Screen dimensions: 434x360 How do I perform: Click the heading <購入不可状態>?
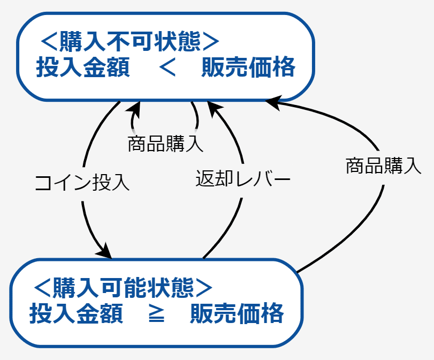point(130,42)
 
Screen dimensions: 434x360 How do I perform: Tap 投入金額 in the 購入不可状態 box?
point(83,67)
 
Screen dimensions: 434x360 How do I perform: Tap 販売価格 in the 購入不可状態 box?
point(248,67)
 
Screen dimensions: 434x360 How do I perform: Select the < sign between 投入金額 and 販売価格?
point(167,67)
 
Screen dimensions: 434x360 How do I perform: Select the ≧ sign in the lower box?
point(157,313)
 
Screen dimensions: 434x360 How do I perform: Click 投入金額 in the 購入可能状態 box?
point(76,313)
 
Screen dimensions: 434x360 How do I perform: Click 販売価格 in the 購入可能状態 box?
point(237,313)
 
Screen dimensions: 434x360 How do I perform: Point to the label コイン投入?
point(82,183)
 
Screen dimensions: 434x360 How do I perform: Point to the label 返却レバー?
point(243,178)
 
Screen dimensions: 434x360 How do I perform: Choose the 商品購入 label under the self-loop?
point(165,144)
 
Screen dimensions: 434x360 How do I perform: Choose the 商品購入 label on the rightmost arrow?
point(384,166)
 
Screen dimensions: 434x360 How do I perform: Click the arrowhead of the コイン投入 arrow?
point(105,251)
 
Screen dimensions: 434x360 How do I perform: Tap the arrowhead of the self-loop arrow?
point(134,109)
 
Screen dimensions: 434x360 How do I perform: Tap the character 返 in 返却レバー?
point(205,178)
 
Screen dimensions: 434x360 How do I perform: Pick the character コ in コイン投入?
point(44,183)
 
